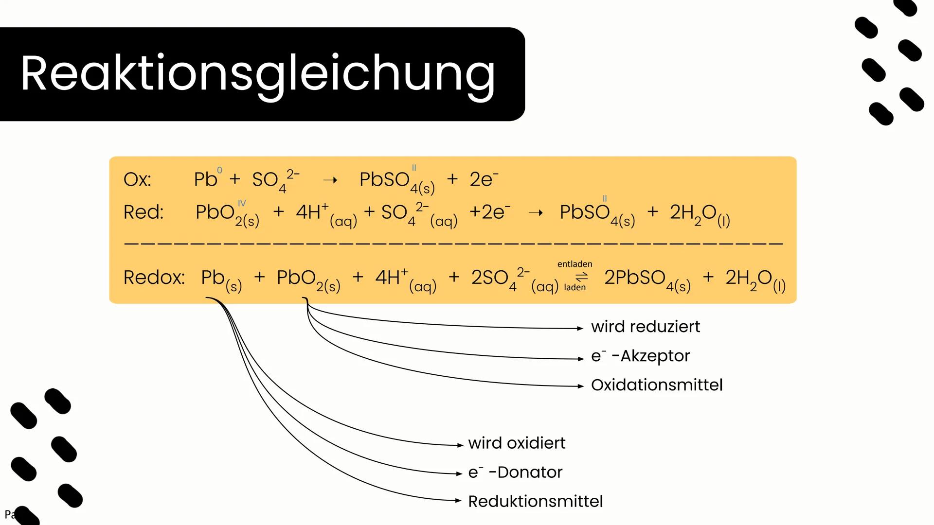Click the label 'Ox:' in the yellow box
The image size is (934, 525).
[x=137, y=180]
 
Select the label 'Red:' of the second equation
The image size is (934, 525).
[x=144, y=212]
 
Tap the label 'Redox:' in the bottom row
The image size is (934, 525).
[x=154, y=278]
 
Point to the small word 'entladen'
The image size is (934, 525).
[x=575, y=264]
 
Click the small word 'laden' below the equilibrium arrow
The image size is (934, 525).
[x=575, y=288]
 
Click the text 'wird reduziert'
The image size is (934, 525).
[x=645, y=327]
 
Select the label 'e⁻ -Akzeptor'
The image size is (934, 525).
[x=640, y=356]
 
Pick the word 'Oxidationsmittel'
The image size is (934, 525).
[x=656, y=385]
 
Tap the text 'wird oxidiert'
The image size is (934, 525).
[x=517, y=443]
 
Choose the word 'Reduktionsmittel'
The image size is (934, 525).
[x=535, y=502]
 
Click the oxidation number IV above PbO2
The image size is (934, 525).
[x=242, y=203]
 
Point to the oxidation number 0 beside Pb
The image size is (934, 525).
[x=219, y=170]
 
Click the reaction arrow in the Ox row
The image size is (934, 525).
[x=330, y=180]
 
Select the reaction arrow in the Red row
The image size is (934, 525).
[x=536, y=213]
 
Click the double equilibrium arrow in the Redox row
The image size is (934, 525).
[x=582, y=277]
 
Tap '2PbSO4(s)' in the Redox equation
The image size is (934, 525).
[x=647, y=279]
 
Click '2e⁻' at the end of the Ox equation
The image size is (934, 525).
[x=484, y=179]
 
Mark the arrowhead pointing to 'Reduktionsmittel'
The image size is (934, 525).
[x=458, y=500]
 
